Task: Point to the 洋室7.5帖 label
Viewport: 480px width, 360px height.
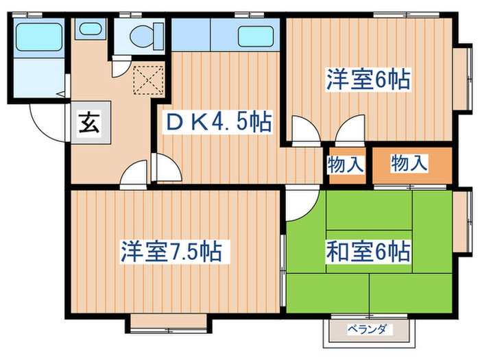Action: point(171,251)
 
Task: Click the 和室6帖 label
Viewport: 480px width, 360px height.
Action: point(368,251)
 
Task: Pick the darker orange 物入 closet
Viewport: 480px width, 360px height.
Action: point(410,165)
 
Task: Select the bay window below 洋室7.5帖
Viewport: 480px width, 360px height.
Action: point(168,322)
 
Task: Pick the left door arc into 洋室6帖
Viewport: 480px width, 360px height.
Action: point(301,131)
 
